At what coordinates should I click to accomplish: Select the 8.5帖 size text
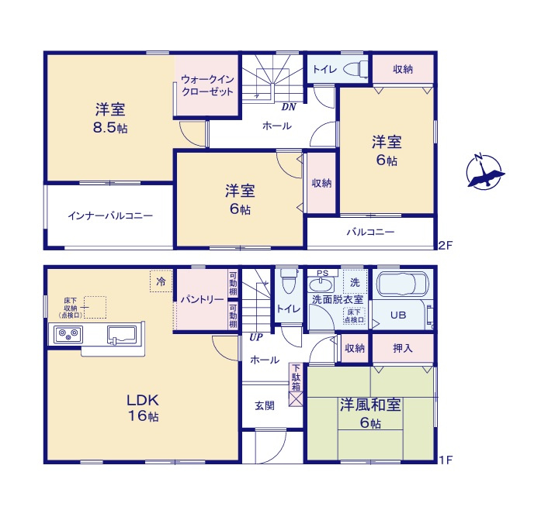click(110, 128)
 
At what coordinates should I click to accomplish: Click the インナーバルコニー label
click(109, 215)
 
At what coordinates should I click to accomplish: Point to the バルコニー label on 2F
click(370, 232)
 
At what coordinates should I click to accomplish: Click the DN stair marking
click(289, 107)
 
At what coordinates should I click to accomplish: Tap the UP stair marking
click(255, 337)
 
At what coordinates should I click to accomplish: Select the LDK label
click(143, 401)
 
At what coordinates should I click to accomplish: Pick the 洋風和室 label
click(369, 405)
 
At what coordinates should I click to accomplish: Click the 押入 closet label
click(402, 349)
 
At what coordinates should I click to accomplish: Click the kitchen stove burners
click(68, 336)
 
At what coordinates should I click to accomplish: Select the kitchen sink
click(122, 336)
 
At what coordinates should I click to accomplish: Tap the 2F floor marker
click(444, 246)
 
